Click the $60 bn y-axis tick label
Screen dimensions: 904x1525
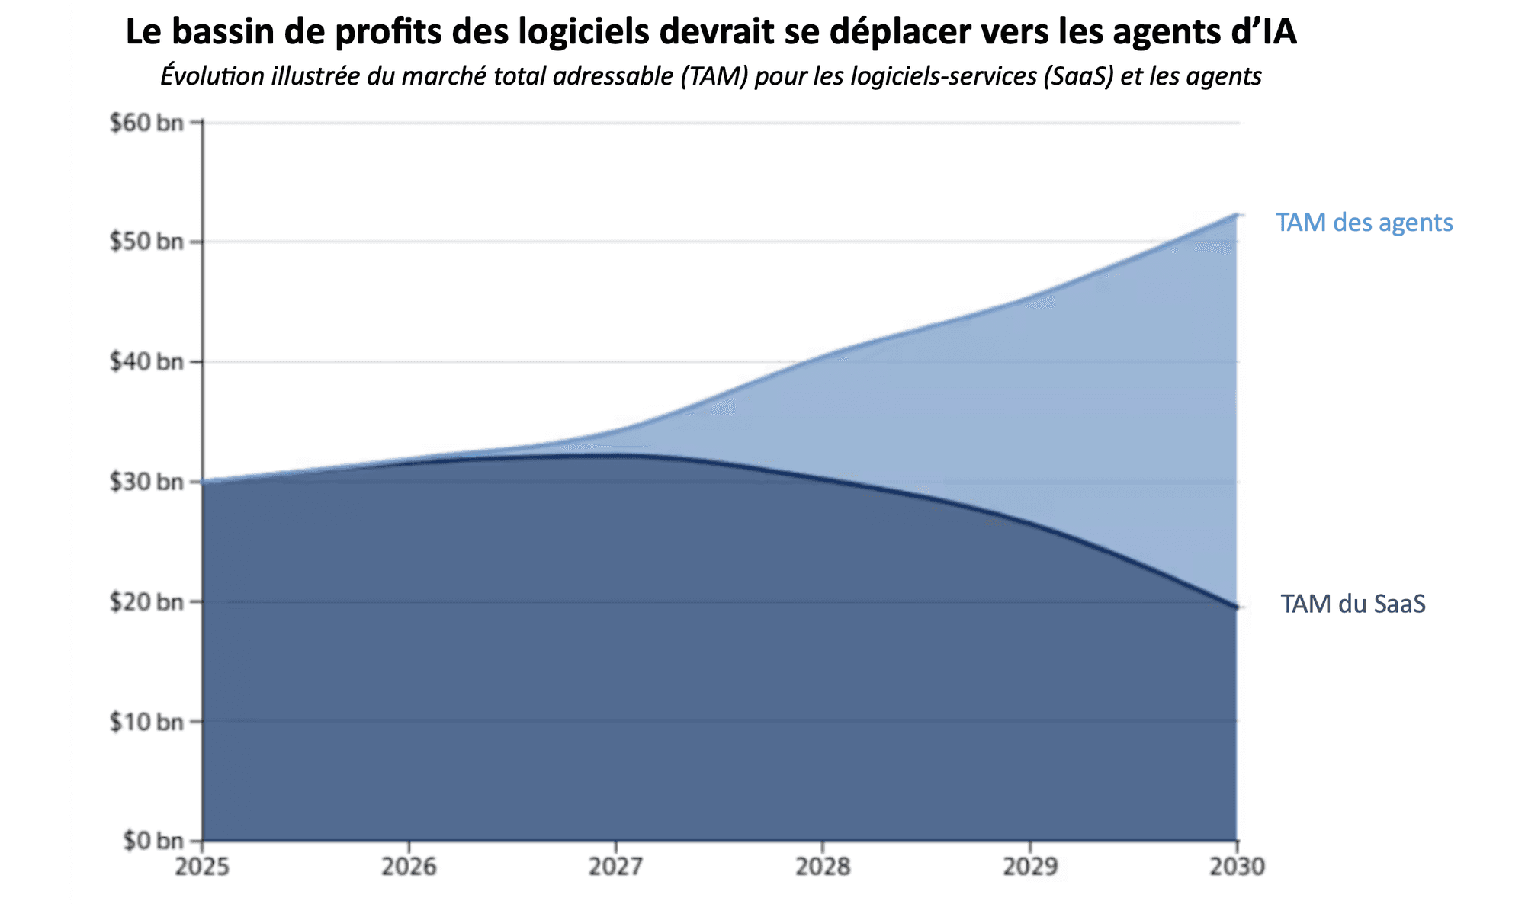coord(147,123)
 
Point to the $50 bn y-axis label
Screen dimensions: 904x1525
coord(147,242)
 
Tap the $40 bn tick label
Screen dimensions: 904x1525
coord(147,361)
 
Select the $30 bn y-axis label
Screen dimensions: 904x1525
coord(147,482)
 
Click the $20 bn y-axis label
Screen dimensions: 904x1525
coord(147,602)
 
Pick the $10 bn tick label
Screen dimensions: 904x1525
coord(147,721)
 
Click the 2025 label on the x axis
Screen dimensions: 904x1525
coord(202,867)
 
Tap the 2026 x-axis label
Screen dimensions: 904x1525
coord(409,867)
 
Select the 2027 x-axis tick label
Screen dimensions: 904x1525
coord(616,867)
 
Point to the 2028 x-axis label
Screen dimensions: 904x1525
coord(823,867)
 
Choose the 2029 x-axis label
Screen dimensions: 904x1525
coord(1030,867)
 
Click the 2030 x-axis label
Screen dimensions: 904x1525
coord(1237,867)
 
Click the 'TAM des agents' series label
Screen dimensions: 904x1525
coord(1364,223)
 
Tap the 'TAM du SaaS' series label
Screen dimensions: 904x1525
coord(1353,604)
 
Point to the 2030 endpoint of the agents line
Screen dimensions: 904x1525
coord(1236,215)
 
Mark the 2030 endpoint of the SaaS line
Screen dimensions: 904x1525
coord(1236,607)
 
